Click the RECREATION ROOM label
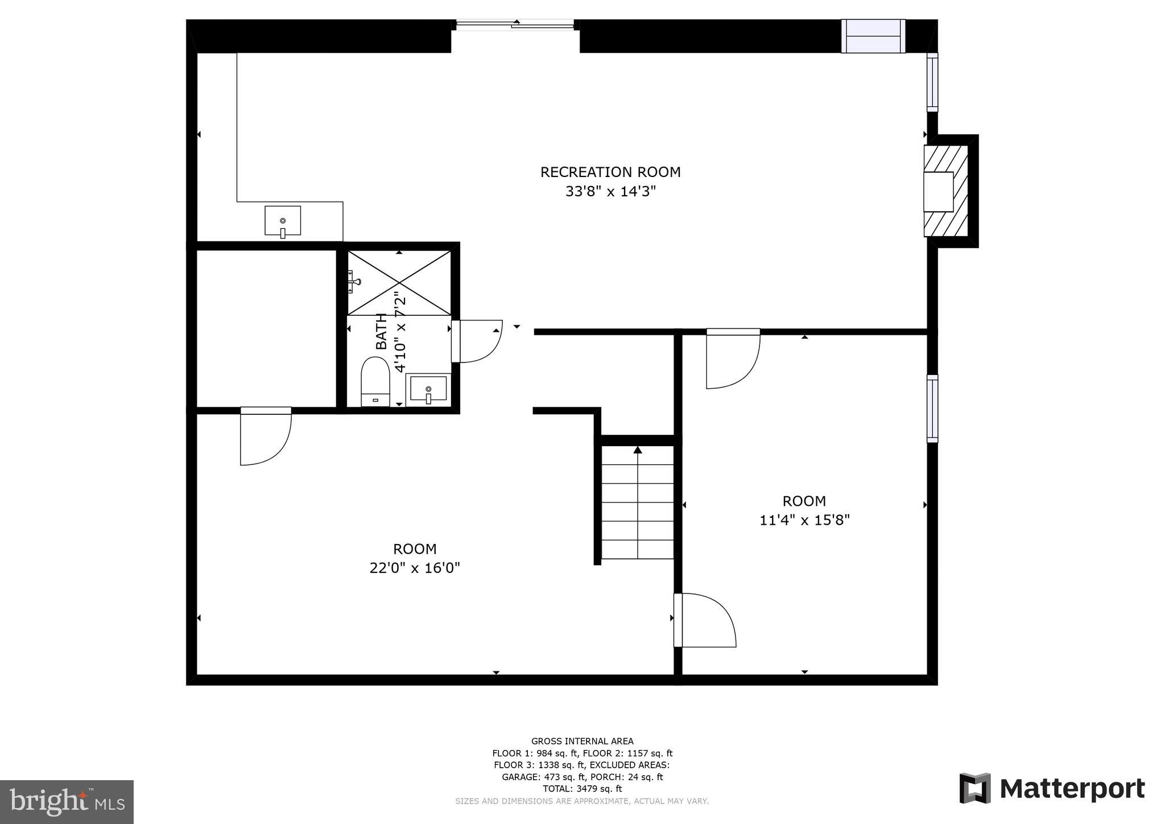[x=610, y=172]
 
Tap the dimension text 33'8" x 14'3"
[x=610, y=191]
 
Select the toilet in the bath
[x=375, y=382]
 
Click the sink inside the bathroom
[x=428, y=390]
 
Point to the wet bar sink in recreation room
[x=283, y=221]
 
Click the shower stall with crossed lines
[x=399, y=283]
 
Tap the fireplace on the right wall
[x=945, y=191]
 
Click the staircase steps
[x=638, y=502]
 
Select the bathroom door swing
[x=478, y=341]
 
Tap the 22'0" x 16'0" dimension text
[x=415, y=568]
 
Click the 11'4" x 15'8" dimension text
[x=804, y=520]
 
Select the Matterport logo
[x=1052, y=789]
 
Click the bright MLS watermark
[x=67, y=802]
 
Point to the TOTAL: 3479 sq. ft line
[x=582, y=789]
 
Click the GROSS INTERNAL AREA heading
[x=582, y=741]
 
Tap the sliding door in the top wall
[x=515, y=24]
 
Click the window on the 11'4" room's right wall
[x=932, y=409]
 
